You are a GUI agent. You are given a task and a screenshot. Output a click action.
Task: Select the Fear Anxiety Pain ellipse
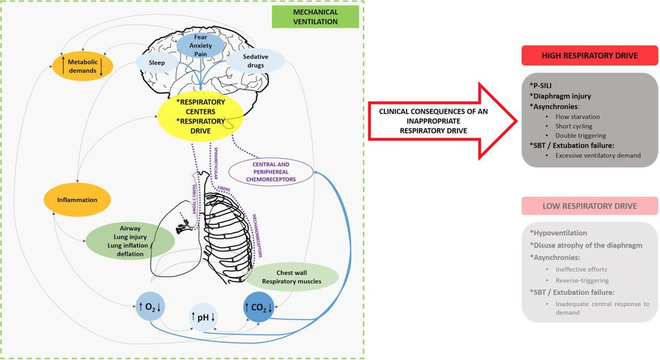200,46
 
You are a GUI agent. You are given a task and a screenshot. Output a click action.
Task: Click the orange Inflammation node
77,200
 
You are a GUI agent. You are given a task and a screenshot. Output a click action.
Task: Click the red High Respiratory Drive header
589,56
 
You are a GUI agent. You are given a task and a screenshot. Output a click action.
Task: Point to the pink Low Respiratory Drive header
589,206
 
